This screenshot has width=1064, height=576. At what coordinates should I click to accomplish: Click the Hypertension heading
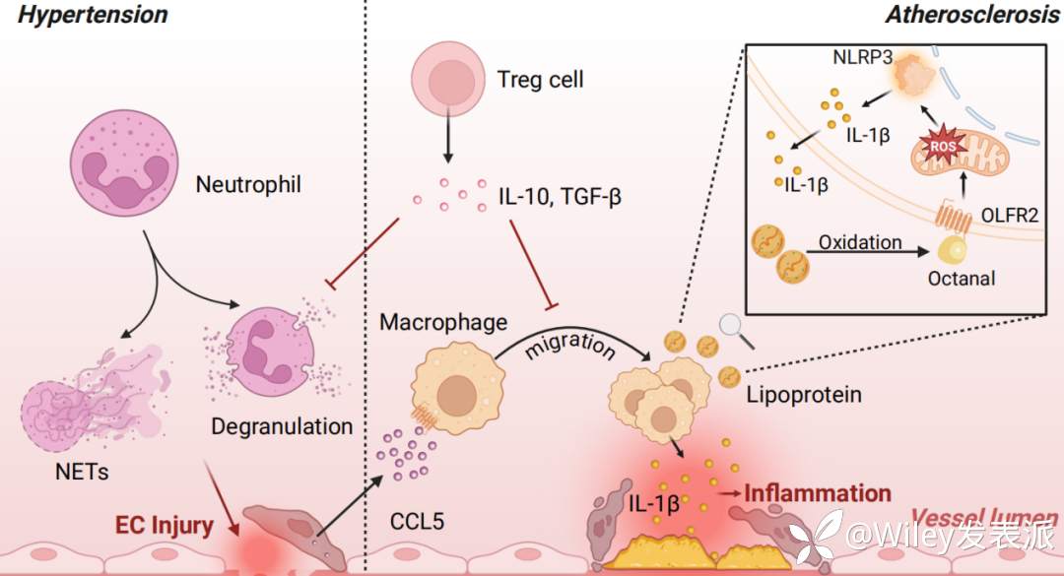click(x=86, y=14)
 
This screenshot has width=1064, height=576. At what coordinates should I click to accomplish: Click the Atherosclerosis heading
click(x=971, y=14)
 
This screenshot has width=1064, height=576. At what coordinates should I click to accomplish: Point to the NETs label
click(x=81, y=472)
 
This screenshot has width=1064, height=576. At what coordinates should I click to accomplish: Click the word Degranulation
click(x=282, y=426)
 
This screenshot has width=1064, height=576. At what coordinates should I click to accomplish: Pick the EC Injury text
click(x=165, y=525)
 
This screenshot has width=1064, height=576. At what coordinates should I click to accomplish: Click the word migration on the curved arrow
click(x=570, y=347)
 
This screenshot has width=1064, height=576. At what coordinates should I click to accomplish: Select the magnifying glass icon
click(x=735, y=327)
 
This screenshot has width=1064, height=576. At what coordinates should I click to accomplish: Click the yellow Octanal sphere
click(x=954, y=249)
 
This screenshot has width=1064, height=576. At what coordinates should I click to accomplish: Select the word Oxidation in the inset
click(x=859, y=241)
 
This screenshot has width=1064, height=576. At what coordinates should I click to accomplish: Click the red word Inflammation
click(x=818, y=493)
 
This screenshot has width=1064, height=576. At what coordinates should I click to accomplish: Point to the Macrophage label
click(x=443, y=322)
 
